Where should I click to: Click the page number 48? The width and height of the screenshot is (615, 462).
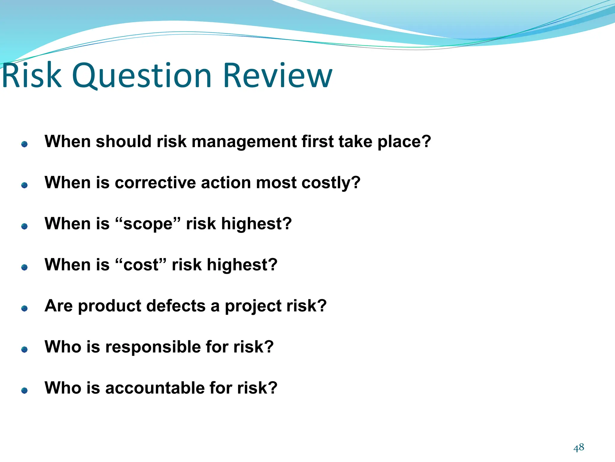(x=579, y=448)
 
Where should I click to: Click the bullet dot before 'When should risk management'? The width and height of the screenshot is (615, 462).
(x=25, y=144)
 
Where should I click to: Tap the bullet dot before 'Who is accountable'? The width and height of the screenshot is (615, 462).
(x=25, y=390)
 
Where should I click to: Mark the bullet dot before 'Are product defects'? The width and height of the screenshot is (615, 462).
(x=25, y=308)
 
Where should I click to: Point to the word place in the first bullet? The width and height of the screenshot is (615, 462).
(x=404, y=142)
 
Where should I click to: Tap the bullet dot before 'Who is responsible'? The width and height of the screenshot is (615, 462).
(x=25, y=349)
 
